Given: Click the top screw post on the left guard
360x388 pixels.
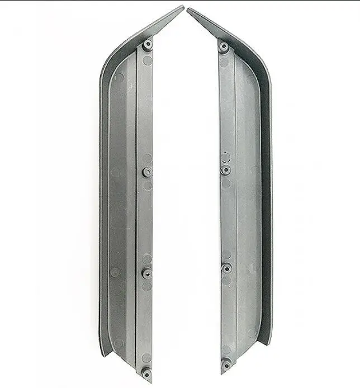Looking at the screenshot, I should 147,45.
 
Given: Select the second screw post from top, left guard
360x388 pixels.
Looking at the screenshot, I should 147,172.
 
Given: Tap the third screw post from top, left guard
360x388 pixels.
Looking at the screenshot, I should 147,273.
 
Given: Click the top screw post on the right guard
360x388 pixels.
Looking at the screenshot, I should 224,47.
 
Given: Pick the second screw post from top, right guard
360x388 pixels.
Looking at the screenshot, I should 225,169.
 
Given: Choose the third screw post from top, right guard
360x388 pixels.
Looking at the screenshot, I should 226,268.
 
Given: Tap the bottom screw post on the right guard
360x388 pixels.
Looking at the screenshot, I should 226,365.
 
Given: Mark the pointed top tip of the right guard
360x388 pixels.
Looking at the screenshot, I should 189,10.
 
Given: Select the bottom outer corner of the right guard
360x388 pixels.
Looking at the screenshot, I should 269,343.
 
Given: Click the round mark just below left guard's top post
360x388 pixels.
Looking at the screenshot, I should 147,60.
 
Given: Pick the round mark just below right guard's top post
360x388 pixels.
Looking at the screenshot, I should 224,61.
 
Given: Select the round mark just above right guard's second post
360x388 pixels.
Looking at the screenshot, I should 225,157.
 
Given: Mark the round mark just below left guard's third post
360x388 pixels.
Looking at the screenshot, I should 147,286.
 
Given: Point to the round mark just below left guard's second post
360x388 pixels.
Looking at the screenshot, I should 147,184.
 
